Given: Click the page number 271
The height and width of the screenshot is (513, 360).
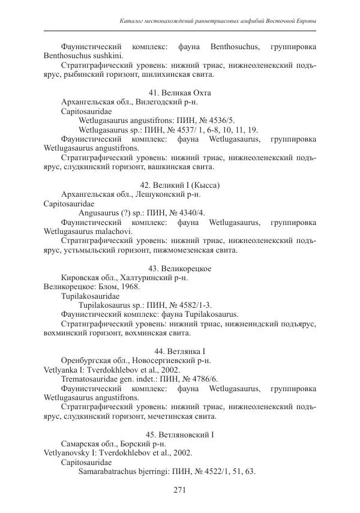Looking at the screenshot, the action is (x=179, y=490).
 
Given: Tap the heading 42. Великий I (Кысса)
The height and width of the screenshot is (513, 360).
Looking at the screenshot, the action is (x=179, y=185).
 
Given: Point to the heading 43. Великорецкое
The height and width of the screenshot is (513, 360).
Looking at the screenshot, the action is (x=179, y=268).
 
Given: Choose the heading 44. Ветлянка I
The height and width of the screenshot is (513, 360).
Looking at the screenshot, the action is (x=179, y=350).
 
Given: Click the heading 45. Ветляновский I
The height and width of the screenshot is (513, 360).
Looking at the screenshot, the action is (x=179, y=434).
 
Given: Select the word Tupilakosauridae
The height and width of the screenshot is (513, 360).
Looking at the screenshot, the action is (x=90, y=296).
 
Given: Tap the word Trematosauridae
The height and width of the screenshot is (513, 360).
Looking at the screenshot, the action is (x=89, y=378).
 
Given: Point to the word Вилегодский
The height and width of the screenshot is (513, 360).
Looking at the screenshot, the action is (x=155, y=101).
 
